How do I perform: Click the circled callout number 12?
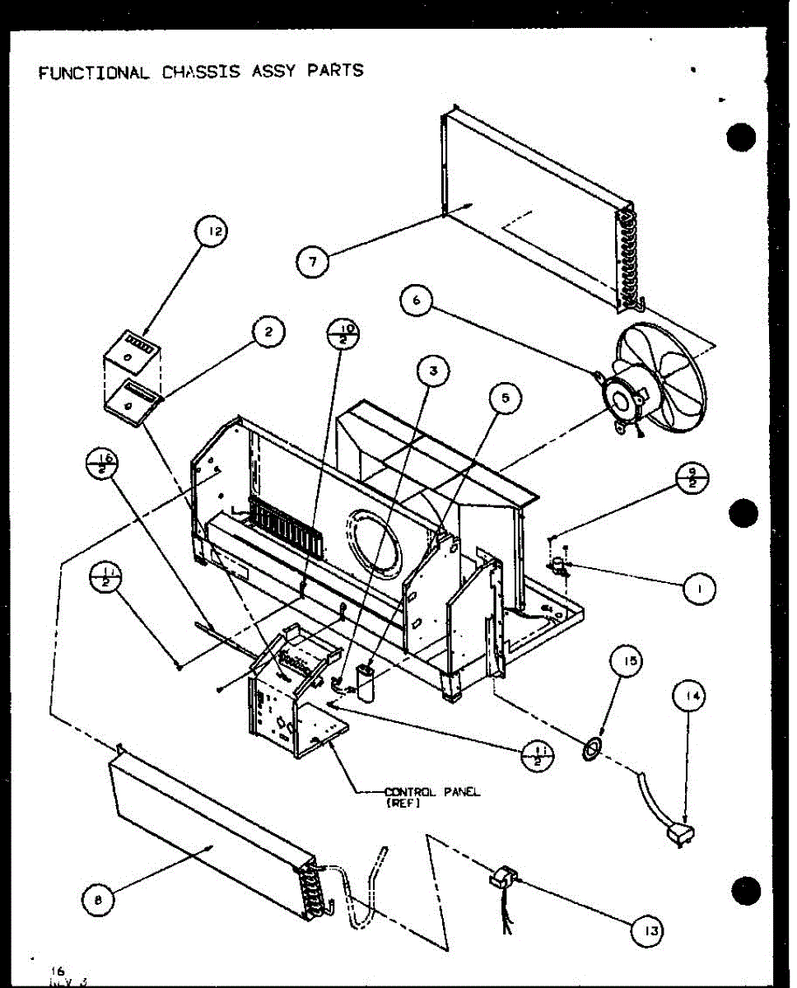tap(212, 233)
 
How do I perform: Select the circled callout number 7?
tap(312, 263)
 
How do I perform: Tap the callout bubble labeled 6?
tap(417, 301)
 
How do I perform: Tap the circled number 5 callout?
tap(504, 398)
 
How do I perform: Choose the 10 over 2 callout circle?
tap(343, 334)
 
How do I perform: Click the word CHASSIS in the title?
tap(201, 71)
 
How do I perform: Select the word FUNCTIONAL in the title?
tap(94, 72)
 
